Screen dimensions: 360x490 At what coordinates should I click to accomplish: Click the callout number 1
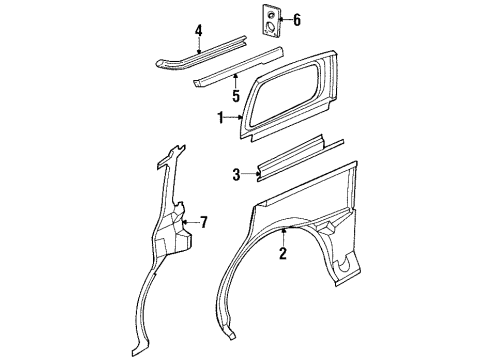click(x=220, y=118)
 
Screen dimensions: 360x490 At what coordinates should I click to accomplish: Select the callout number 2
click(x=283, y=253)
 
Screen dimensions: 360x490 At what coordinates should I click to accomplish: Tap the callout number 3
click(x=236, y=175)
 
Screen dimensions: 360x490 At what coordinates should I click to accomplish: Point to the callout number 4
click(x=199, y=30)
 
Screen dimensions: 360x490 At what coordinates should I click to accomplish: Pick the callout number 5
click(x=236, y=98)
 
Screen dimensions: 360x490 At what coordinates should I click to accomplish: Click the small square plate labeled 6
click(x=269, y=19)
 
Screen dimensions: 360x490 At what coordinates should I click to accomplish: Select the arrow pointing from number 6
click(x=281, y=19)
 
